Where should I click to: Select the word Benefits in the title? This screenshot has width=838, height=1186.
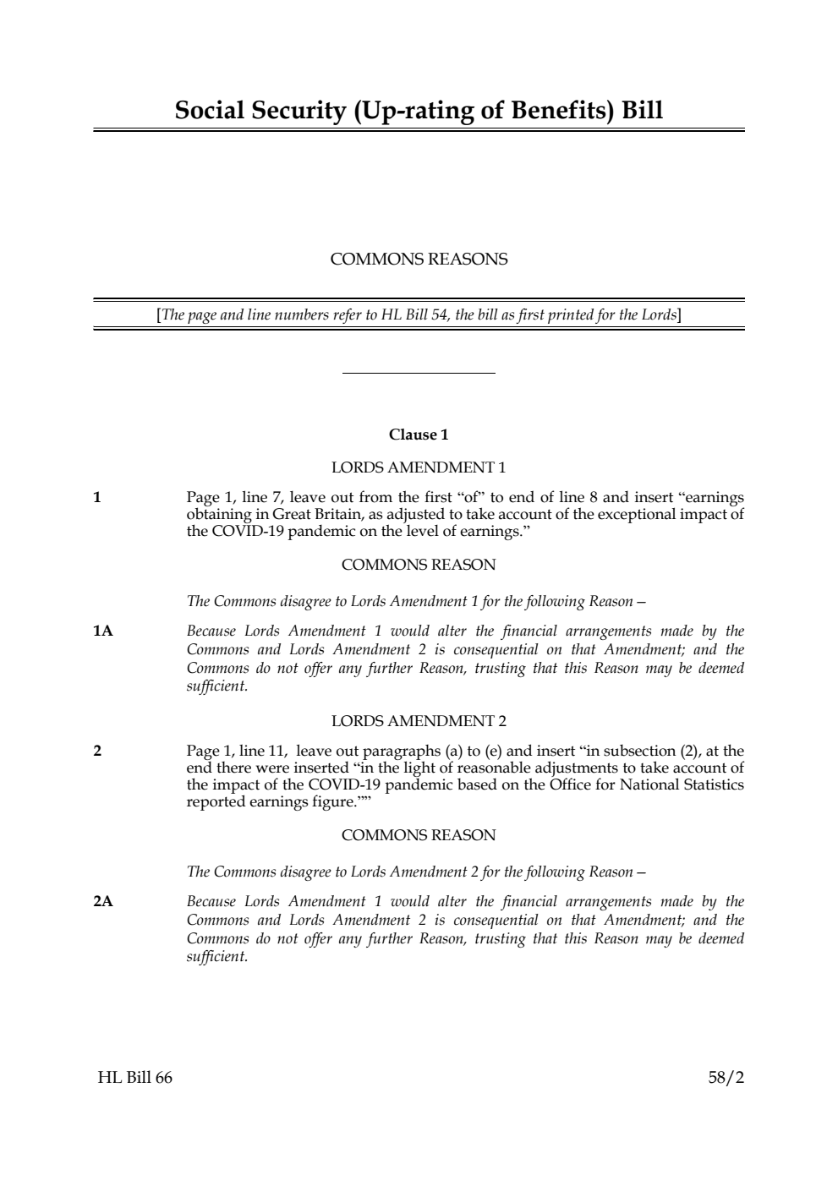[552, 111]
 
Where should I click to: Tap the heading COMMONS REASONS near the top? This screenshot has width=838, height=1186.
[419, 260]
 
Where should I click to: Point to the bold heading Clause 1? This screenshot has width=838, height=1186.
[419, 435]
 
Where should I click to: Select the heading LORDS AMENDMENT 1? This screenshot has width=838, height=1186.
[419, 467]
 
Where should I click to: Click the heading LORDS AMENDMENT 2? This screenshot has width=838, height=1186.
[419, 721]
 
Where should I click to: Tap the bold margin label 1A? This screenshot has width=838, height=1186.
[102, 631]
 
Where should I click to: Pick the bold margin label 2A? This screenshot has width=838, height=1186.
[102, 902]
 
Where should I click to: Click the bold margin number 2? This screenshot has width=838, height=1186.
[97, 751]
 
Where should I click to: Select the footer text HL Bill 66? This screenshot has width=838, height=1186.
[134, 1078]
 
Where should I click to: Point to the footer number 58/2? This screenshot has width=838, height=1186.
[726, 1078]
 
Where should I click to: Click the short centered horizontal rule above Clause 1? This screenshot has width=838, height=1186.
[419, 373]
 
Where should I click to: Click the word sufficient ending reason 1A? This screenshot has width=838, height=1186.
[216, 686]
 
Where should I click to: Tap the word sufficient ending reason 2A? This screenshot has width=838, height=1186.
[216, 957]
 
